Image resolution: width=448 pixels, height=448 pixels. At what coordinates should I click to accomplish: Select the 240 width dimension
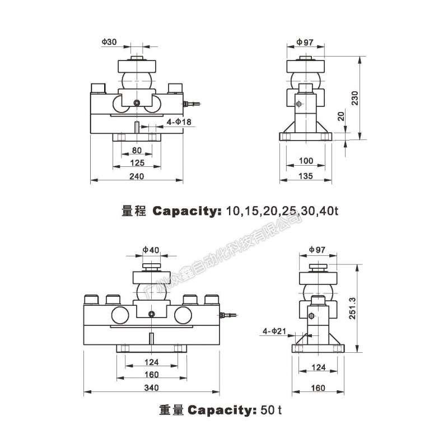(x=137, y=176)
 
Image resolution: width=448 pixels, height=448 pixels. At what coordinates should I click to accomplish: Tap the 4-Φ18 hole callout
(x=179, y=122)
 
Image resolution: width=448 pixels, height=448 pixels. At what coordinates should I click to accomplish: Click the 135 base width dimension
(x=305, y=176)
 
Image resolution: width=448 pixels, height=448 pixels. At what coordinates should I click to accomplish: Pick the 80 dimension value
(x=137, y=150)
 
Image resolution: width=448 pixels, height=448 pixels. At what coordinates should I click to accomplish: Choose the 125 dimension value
(x=137, y=163)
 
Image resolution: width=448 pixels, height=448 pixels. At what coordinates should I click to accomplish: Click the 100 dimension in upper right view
(x=305, y=161)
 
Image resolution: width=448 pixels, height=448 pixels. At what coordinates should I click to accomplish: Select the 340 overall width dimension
(x=151, y=388)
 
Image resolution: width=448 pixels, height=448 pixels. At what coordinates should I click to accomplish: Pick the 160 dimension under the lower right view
(x=318, y=388)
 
